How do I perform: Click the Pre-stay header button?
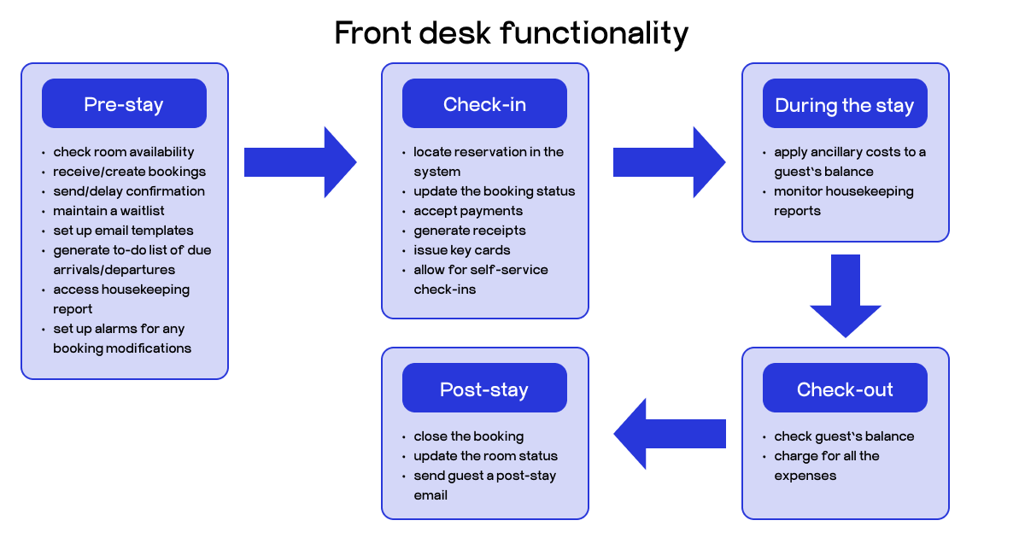coord(124,104)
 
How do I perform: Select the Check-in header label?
coord(484,104)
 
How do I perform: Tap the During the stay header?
coord(844,105)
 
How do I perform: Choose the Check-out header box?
coord(844,389)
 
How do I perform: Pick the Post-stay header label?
coord(484,389)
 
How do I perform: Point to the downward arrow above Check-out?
coord(845,295)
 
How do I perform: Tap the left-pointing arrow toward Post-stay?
coord(670,433)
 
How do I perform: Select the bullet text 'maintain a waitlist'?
coord(109,211)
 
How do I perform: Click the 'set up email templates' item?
coord(123,231)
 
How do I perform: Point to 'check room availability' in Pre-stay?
coord(124,152)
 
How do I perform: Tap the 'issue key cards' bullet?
coord(462,250)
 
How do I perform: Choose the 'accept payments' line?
coord(468,211)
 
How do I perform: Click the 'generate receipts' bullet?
coord(470,231)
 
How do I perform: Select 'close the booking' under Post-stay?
coord(469,436)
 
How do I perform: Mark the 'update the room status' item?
coord(485,456)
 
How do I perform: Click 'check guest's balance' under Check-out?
coord(844,436)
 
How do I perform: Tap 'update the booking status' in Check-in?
coord(495,191)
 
